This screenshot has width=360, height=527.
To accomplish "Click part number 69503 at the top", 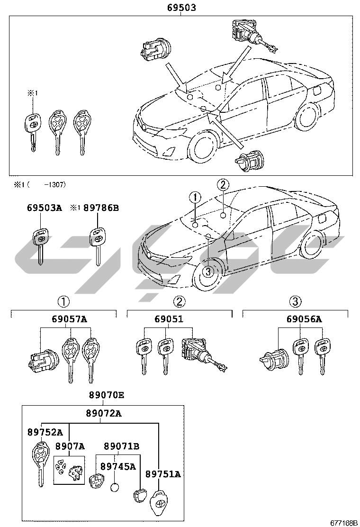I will pyautogui.click(x=181, y=8).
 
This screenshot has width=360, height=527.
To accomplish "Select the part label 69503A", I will pyautogui.click(x=44, y=208).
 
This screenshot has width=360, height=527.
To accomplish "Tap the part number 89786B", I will pyautogui.click(x=101, y=208).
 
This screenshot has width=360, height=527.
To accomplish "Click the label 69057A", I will pyautogui.click(x=70, y=319).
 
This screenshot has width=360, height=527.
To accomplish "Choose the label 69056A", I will pyautogui.click(x=304, y=319).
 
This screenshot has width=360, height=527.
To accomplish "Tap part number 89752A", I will pyautogui.click(x=45, y=432).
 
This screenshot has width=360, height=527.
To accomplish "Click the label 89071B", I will pyautogui.click(x=121, y=446).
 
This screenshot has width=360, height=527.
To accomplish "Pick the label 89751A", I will pyautogui.click(x=163, y=474).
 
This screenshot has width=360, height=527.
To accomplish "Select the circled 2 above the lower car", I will pyautogui.click(x=223, y=185).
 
